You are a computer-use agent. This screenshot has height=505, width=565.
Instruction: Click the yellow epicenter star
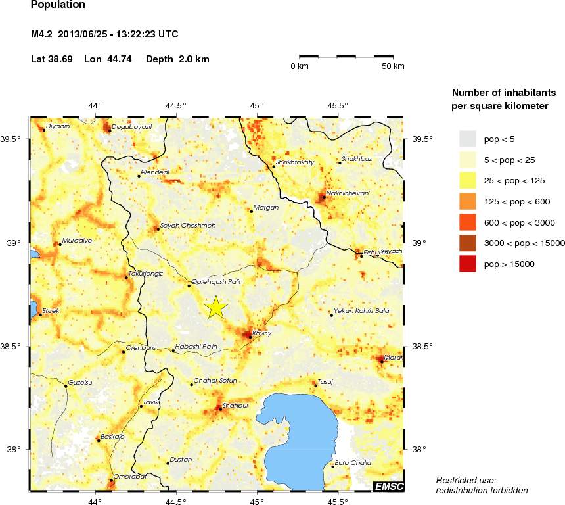pyautogui.click(x=215, y=308)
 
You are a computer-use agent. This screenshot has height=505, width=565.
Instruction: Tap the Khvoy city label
pyautogui.click(x=261, y=333)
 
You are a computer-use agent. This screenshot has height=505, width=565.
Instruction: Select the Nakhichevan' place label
pyautogui.click(x=348, y=193)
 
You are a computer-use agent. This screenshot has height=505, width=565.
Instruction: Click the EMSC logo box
pyautogui.click(x=388, y=486)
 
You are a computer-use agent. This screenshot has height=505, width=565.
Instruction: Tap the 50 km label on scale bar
pyautogui.click(x=394, y=66)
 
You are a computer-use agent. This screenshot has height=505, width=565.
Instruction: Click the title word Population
pyautogui.click(x=58, y=5)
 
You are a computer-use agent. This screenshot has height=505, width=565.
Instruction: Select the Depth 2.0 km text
pyautogui.click(x=177, y=59)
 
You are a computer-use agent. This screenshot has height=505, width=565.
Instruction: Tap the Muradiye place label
pyautogui.click(x=76, y=241)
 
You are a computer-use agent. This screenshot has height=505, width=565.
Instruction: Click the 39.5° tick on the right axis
pyautogui.click(x=422, y=139)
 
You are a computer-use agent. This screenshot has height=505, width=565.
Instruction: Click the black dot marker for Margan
pyautogui.click(x=251, y=211)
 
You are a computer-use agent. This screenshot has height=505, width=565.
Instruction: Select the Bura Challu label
pyautogui.click(x=353, y=463)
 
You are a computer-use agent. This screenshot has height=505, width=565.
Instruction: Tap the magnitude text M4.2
pyautogui.click(x=41, y=34)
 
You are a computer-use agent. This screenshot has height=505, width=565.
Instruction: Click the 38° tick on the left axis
pyautogui.click(x=14, y=450)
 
